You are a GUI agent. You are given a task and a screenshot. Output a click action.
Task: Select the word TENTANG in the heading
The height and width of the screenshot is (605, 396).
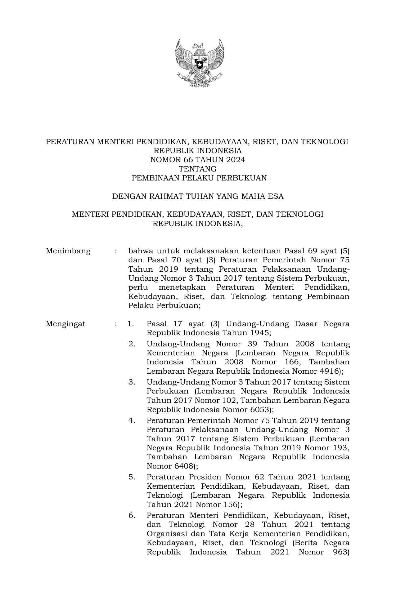click(x=198, y=169)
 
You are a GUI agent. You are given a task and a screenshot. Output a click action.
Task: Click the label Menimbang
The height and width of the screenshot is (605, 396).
click(x=68, y=251)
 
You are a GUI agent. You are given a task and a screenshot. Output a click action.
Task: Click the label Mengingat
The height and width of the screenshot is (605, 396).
click(x=65, y=324)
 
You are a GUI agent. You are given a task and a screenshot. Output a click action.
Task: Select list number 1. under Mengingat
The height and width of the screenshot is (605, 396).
click(x=131, y=324)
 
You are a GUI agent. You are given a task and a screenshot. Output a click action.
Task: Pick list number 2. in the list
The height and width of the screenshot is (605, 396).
click(x=132, y=344)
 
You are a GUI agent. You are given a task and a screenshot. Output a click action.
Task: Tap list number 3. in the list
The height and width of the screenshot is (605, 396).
click(x=132, y=382)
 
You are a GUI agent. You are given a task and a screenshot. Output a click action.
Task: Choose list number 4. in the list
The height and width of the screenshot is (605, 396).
click(x=132, y=421)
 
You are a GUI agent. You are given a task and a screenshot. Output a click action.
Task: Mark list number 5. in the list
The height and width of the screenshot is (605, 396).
click(x=132, y=477)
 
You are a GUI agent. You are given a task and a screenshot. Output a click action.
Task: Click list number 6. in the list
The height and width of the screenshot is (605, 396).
click(x=132, y=515)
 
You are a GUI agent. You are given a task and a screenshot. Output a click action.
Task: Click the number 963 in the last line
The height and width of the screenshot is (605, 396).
click(x=339, y=552)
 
